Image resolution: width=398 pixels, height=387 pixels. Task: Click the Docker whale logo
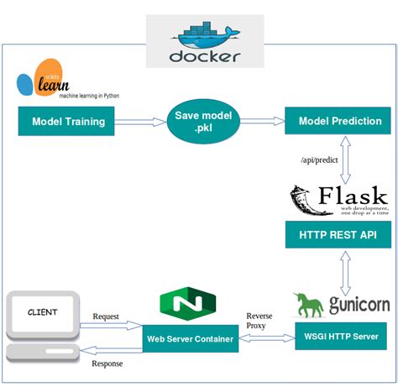[204, 36]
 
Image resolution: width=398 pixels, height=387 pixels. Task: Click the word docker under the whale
[204, 57]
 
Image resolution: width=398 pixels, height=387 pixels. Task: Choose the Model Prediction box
[339, 122]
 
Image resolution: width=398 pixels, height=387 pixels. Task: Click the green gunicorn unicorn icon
[309, 304]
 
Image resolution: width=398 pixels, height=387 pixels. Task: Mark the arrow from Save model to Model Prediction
[261, 122]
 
